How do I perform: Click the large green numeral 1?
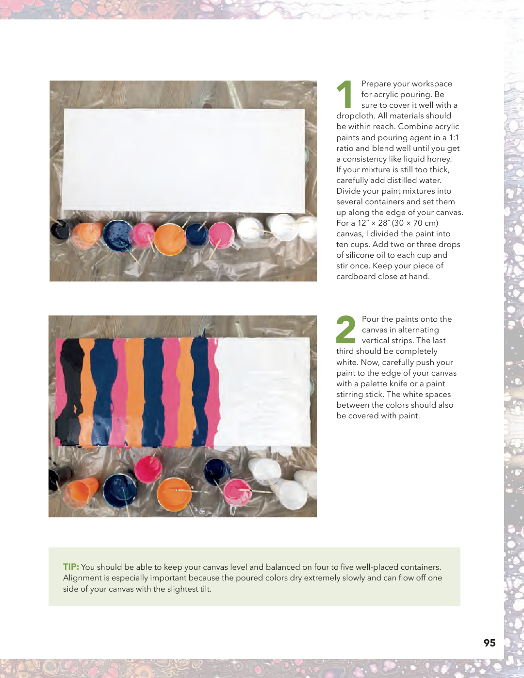pos(344,94)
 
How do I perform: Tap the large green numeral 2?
pos(345,329)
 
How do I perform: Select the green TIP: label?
pos(71,566)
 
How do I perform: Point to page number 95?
pos(490,643)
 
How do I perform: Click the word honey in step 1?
pos(440,159)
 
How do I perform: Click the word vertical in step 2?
pos(377,340)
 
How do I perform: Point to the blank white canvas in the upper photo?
pos(184,160)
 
